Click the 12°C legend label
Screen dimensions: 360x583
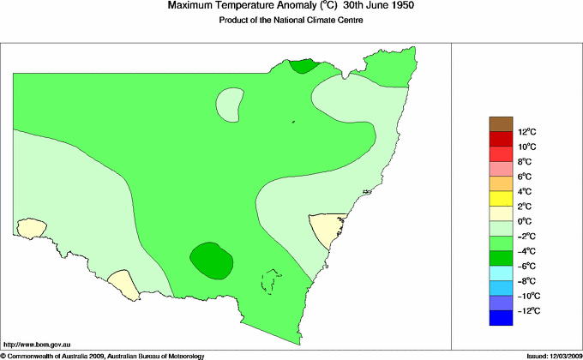526,132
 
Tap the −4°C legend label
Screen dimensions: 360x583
526,251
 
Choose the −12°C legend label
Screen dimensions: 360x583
526,310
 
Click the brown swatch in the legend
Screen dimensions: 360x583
501,124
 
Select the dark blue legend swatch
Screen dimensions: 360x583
501,318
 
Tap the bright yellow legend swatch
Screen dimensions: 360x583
501,199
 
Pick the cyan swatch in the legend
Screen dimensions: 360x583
501,273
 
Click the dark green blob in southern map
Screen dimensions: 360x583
212,260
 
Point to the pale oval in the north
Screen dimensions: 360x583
229,105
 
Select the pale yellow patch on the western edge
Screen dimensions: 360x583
32,228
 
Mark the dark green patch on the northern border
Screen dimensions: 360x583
304,65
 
